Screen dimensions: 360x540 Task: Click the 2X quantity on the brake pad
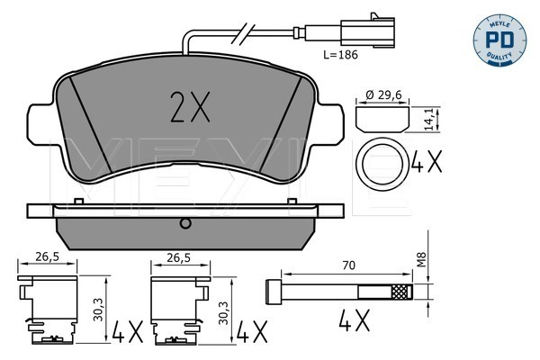(x=190, y=108)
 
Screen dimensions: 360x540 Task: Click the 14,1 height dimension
(x=430, y=117)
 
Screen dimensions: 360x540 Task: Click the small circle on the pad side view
(x=184, y=222)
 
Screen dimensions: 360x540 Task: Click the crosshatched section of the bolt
(x=400, y=291)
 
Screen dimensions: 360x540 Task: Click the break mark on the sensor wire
(x=241, y=36)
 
